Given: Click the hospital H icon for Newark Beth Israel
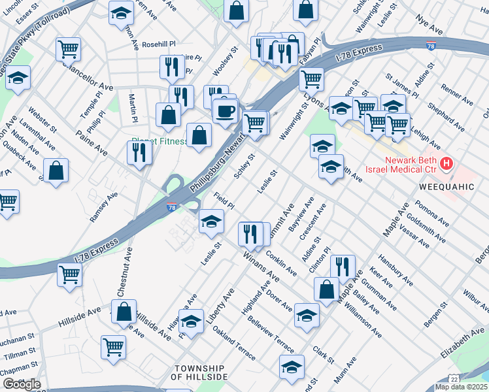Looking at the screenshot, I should (447, 163).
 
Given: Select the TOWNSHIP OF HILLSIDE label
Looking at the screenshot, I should (199, 372).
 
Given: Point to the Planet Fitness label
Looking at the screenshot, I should (157, 140).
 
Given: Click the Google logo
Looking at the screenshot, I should (21, 384).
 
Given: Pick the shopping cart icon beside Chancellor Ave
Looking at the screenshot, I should (69, 49).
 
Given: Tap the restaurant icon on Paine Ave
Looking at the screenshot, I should (139, 152).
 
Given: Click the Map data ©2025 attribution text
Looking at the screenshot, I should (460, 387).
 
